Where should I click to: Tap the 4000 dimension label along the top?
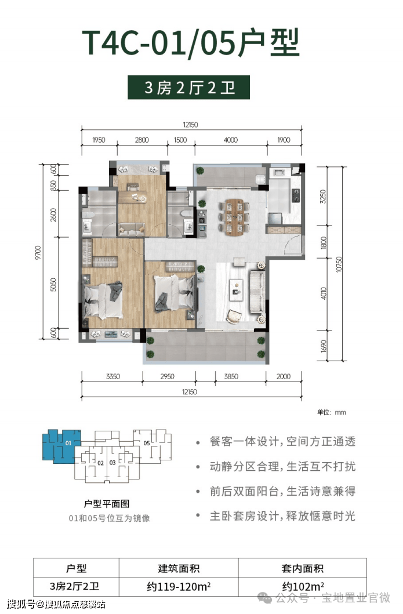click(x=231, y=140)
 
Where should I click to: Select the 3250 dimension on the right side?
click(x=323, y=196)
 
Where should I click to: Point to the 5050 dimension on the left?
click(x=53, y=285)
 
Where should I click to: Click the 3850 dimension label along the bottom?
click(x=231, y=376)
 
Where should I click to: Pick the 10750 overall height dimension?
click(x=339, y=264)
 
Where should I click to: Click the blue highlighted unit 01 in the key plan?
click(x=61, y=446)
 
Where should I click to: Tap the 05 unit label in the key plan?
click(x=147, y=444)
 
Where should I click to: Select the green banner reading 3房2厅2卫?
click(x=189, y=88)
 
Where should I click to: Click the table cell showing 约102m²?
click(x=303, y=587)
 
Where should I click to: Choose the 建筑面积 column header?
click(x=179, y=568)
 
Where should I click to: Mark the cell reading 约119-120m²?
click(x=179, y=587)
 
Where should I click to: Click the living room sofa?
click(x=257, y=292)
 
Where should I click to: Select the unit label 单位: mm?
click(x=332, y=412)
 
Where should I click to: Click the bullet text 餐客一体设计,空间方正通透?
click(x=282, y=441)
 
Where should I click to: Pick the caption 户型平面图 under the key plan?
click(x=107, y=504)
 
